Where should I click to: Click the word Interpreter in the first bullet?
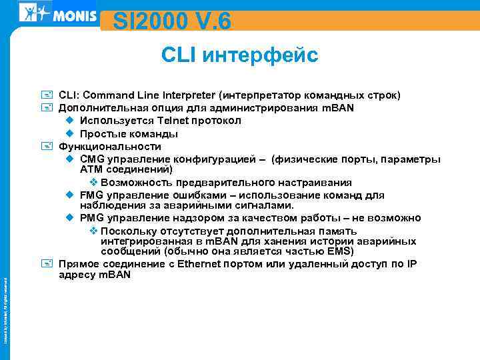189,95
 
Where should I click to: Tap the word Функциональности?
110,146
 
